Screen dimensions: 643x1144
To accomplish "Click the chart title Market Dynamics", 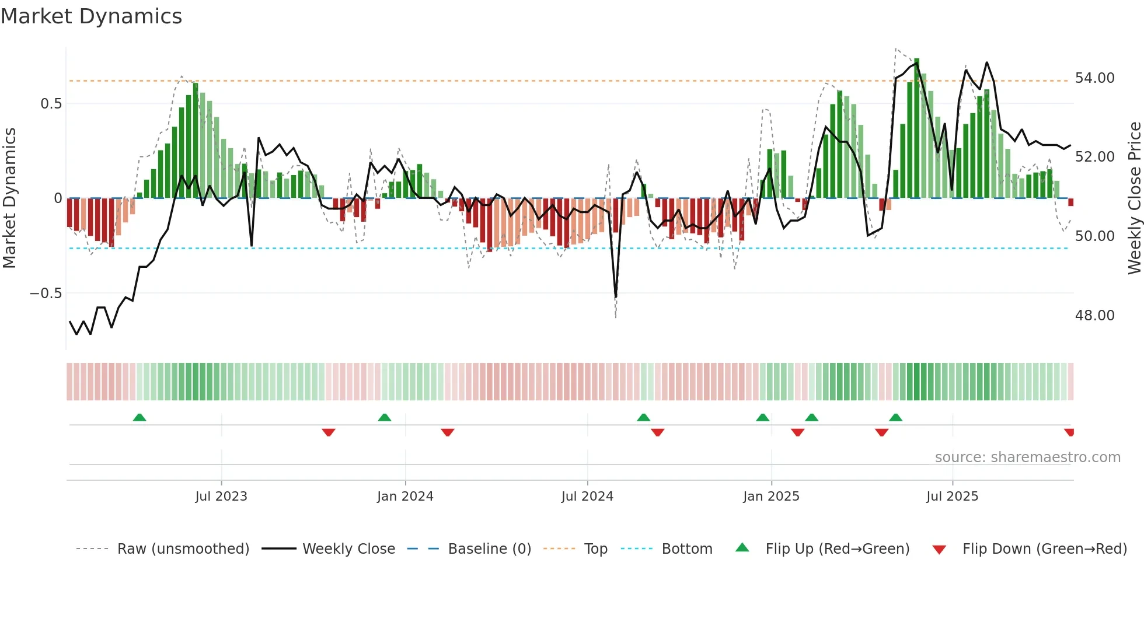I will click(x=91, y=16).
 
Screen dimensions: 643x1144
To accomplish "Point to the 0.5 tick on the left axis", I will click(x=51, y=104).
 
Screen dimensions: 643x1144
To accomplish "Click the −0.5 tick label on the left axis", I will click(x=46, y=293).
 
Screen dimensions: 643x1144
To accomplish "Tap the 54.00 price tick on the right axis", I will click(x=1094, y=78).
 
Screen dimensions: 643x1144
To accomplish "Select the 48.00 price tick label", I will click(x=1094, y=316).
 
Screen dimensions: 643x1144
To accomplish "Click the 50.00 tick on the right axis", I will click(x=1094, y=236).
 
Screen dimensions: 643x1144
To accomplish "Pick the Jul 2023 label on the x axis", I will click(x=221, y=497).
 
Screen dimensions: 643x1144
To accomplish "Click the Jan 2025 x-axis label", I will click(x=771, y=497).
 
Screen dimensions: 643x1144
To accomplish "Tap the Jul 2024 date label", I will click(x=587, y=497).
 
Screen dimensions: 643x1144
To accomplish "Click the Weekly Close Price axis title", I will click(x=1134, y=198).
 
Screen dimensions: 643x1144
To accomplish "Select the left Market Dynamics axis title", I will click(x=9, y=198).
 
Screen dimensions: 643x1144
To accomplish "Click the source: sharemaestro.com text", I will click(x=1027, y=457).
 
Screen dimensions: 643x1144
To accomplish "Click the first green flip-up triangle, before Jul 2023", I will click(x=139, y=418).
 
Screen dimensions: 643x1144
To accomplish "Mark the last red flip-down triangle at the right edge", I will click(x=1069, y=432).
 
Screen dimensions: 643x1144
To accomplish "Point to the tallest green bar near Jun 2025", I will click(x=917, y=128).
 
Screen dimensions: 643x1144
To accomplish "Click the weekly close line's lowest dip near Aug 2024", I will click(x=616, y=296).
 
